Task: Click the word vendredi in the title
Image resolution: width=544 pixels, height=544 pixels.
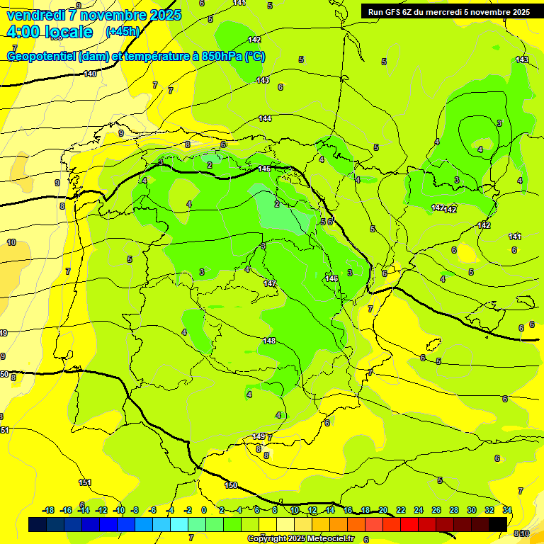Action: coord(37,15)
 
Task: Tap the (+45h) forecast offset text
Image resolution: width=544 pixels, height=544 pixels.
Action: coord(123,31)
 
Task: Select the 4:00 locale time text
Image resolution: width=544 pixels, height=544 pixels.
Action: coord(50,32)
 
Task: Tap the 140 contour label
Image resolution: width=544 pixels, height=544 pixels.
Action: coord(90,74)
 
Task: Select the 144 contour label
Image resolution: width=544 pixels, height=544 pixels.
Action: coord(265,118)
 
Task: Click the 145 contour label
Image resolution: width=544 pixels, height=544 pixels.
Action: coord(265,169)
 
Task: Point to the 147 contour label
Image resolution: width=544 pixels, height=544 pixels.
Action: coord(270,283)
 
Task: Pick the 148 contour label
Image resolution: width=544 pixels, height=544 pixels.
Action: coord(269,341)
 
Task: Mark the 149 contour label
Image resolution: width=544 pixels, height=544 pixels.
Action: coord(259,436)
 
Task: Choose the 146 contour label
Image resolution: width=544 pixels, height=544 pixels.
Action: coord(331,278)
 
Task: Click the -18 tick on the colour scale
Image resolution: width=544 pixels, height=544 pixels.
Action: coord(49,510)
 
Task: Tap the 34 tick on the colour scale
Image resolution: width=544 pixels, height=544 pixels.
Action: coord(507,510)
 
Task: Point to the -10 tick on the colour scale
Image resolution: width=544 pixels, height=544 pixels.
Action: coord(119,510)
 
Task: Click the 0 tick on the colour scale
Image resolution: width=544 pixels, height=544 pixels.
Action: coord(204,510)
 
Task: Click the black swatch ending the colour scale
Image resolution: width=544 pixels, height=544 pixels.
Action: coord(498,523)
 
